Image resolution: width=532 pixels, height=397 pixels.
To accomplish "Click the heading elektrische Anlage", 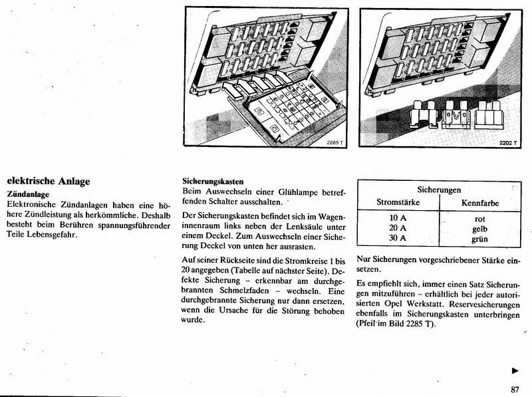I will click(x=48, y=181).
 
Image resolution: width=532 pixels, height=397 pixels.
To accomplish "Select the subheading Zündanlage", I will click(x=28, y=194).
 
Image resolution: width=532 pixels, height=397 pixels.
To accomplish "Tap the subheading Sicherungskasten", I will click(x=212, y=181).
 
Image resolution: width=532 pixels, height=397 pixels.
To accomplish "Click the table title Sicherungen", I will click(x=439, y=190).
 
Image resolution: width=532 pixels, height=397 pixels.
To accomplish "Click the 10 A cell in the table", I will click(x=398, y=218).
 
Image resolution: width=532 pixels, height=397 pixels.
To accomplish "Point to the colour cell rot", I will click(x=479, y=218).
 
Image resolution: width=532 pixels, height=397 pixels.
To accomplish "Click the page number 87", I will click(x=515, y=390).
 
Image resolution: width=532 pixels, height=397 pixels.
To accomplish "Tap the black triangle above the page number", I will click(x=515, y=370).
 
